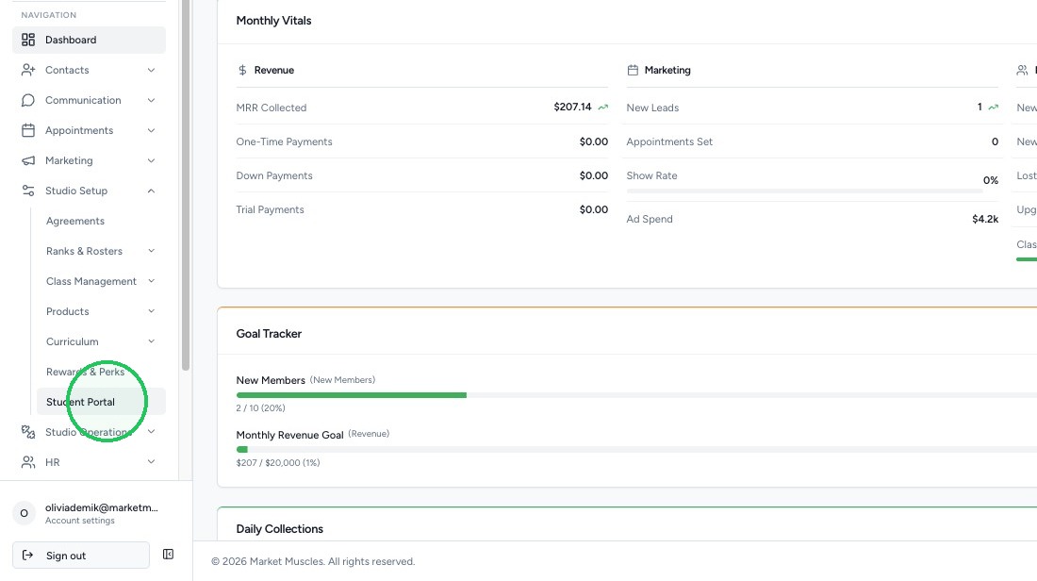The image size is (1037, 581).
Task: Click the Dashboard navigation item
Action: (x=89, y=40)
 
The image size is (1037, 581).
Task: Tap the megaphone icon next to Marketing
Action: (x=27, y=160)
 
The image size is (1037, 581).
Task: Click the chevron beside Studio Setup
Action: (x=151, y=191)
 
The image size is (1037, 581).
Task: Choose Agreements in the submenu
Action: (x=75, y=221)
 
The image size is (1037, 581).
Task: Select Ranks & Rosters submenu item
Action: (x=84, y=251)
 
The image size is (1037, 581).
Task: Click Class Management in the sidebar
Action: (x=91, y=281)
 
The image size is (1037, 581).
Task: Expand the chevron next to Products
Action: (x=151, y=311)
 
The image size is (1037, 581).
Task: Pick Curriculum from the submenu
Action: (x=72, y=341)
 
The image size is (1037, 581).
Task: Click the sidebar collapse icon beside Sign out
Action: (x=168, y=555)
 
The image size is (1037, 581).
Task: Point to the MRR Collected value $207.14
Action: (x=573, y=107)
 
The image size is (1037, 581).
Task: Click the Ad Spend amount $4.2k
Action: (x=985, y=219)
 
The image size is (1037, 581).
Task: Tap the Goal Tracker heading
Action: (x=269, y=334)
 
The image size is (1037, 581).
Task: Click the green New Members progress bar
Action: (x=352, y=395)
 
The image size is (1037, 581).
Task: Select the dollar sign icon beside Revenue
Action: (x=242, y=70)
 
